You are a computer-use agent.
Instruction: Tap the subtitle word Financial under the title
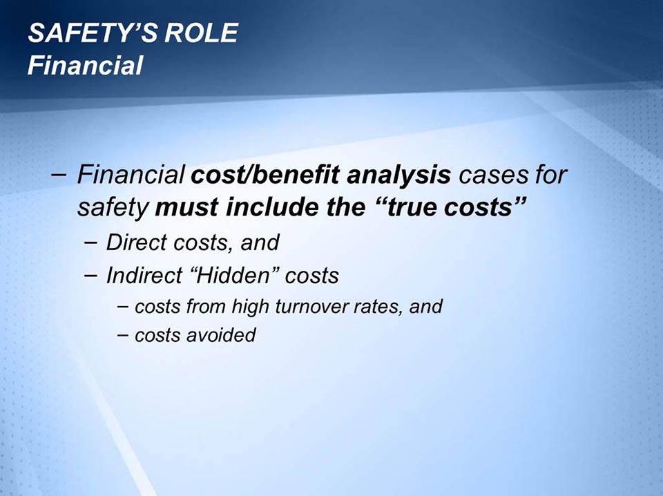[x=85, y=66]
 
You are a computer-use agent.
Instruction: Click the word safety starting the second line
[x=113, y=207]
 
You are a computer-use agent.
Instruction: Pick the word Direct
[x=135, y=242]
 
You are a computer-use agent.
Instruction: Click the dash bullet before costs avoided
[x=122, y=335]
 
